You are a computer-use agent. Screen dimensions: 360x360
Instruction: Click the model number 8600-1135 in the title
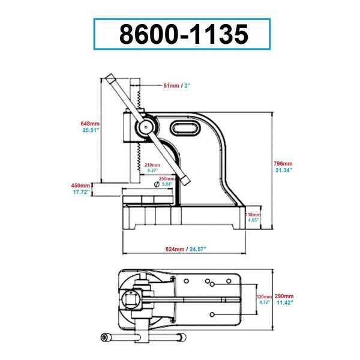[184, 34]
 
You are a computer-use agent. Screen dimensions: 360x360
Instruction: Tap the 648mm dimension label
[90, 124]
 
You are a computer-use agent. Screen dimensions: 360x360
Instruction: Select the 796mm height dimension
[283, 164]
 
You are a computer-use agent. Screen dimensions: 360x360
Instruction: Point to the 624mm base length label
[175, 249]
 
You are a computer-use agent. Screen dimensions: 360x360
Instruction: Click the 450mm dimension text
[80, 185]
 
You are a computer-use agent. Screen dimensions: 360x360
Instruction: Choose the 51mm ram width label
[171, 86]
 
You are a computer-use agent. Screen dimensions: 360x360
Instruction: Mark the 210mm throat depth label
[152, 165]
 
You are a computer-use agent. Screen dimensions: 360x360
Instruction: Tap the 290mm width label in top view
[284, 296]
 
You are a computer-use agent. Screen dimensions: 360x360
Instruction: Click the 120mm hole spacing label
[264, 297]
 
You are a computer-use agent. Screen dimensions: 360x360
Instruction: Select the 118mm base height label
[253, 215]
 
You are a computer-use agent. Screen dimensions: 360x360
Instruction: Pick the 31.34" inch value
[284, 170]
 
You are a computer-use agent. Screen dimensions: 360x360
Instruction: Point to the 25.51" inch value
[91, 130]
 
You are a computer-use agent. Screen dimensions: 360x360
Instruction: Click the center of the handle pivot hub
[146, 127]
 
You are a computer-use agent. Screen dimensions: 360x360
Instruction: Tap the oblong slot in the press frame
[184, 128]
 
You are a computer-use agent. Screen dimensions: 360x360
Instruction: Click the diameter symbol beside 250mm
[157, 184]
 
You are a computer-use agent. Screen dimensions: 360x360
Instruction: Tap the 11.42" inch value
[284, 302]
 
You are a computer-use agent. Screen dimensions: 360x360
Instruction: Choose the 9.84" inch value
[167, 184]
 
